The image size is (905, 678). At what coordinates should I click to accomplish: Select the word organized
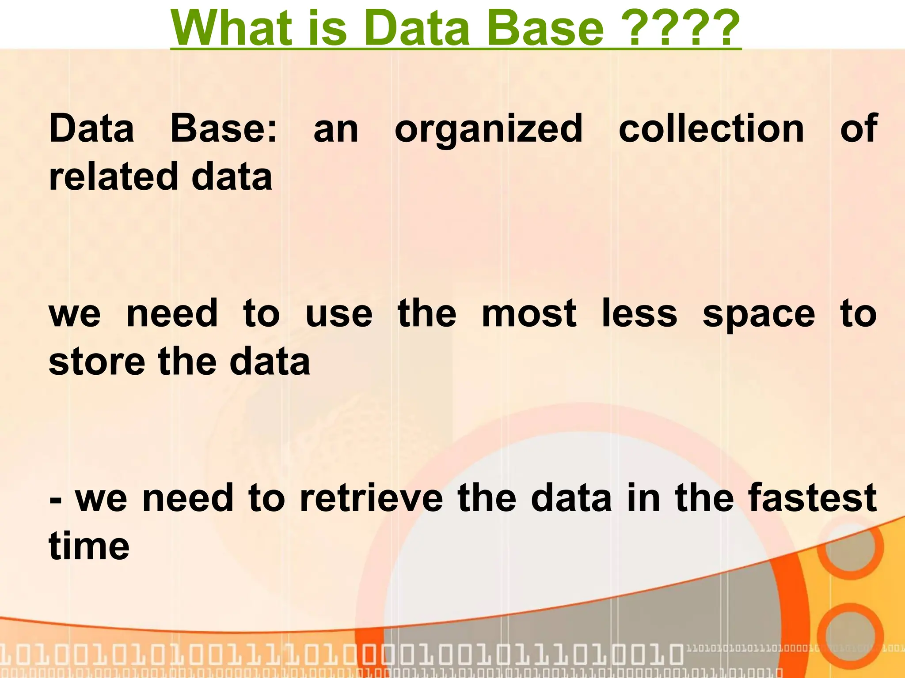click(488, 129)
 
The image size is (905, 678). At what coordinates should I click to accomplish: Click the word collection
click(711, 129)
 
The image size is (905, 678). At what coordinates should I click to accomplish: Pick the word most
click(529, 313)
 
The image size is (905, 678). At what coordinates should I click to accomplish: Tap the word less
click(639, 313)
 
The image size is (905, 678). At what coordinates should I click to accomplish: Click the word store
click(97, 362)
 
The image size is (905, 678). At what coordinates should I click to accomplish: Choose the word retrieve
click(371, 498)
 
